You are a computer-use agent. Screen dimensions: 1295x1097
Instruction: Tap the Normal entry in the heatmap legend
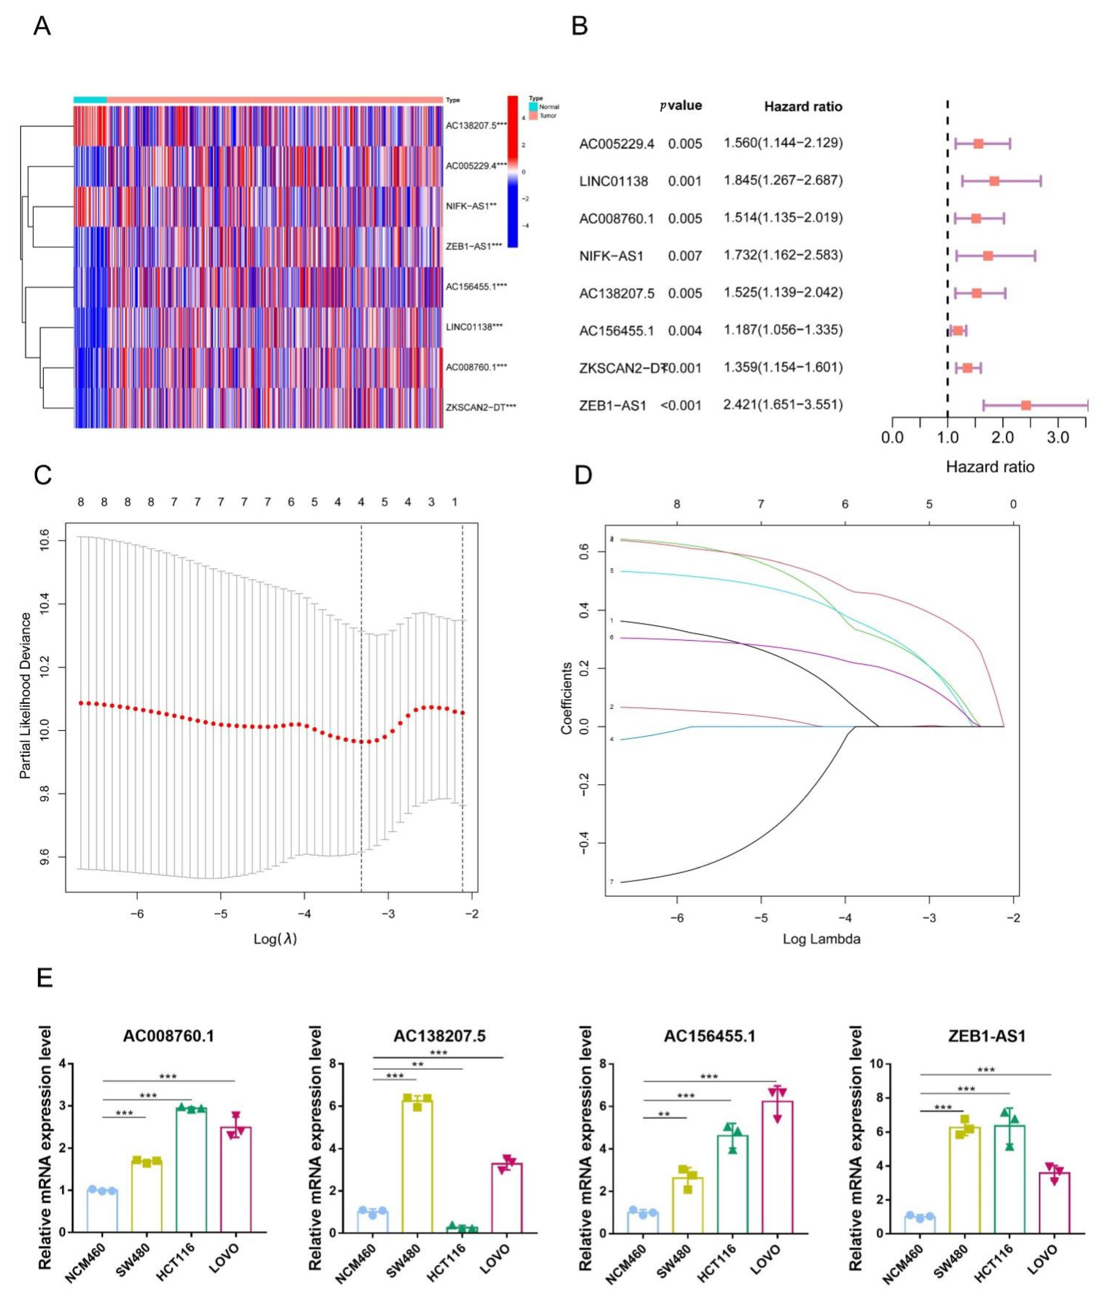[549, 107]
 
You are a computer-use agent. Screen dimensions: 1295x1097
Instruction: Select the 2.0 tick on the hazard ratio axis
[1002, 438]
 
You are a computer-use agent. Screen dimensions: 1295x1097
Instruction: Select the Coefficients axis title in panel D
[567, 698]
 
